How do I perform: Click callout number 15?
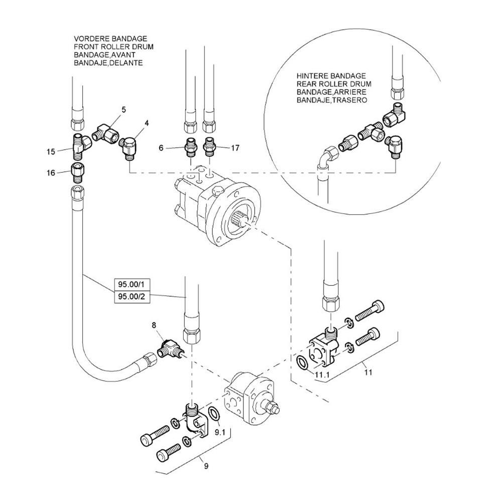click(x=51, y=152)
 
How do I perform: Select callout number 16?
click(x=51, y=173)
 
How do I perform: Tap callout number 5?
click(x=123, y=109)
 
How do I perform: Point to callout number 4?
click(x=147, y=122)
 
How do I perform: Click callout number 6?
click(x=161, y=148)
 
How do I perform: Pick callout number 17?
click(x=235, y=148)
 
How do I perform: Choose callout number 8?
click(x=154, y=325)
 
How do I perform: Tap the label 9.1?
click(x=220, y=433)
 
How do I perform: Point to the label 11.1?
click(x=322, y=375)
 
